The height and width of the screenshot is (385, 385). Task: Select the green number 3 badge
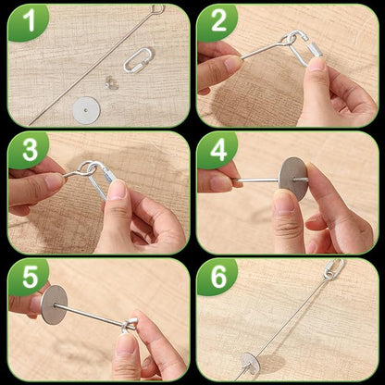[27, 150]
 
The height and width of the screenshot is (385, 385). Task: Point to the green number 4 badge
[217, 150]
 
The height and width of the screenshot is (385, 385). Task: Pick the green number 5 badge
[27, 277]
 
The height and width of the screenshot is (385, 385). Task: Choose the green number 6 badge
[217, 277]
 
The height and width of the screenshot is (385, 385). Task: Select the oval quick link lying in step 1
[138, 62]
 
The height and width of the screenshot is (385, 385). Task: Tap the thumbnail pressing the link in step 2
[317, 64]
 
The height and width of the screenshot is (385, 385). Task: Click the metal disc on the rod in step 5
[54, 304]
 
